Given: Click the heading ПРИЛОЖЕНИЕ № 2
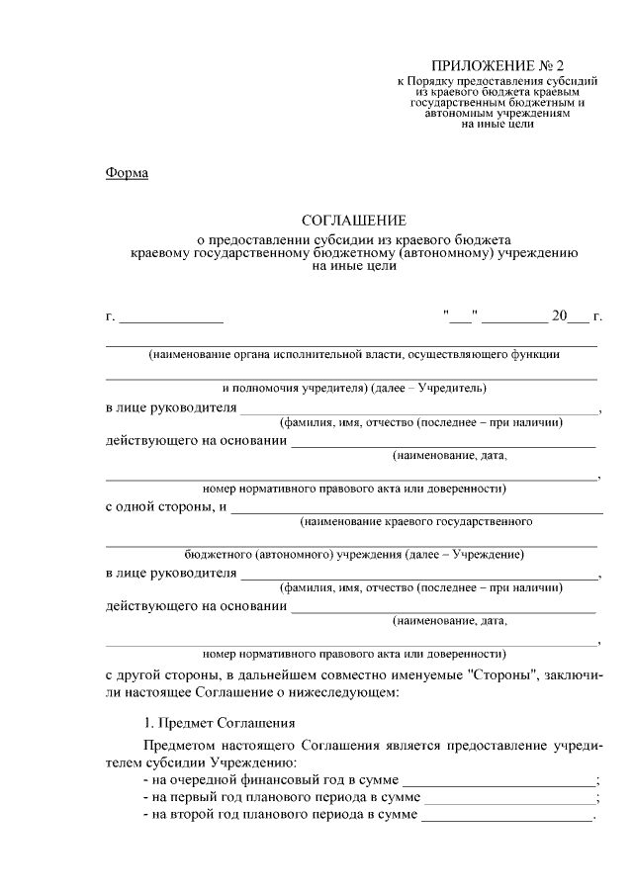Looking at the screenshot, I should click(x=491, y=64).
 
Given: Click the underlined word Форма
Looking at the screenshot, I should click(x=127, y=174).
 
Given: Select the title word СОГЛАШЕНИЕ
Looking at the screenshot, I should click(x=353, y=222).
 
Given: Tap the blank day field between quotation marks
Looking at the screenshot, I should click(x=461, y=317).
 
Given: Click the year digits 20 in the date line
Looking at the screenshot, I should click(x=559, y=316).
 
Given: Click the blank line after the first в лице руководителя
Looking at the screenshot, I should click(x=419, y=409).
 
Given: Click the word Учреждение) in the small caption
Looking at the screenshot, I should click(x=488, y=555).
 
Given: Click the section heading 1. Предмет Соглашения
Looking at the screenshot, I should click(x=213, y=724).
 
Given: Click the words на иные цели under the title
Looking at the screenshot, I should click(x=353, y=266).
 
